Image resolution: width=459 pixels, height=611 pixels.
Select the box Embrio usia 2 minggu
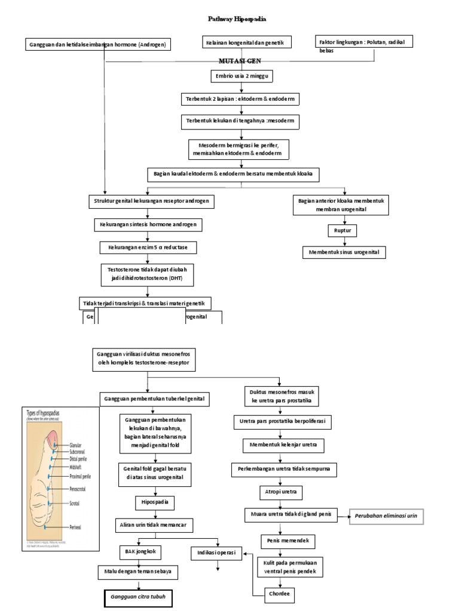pyautogui.click(x=241, y=77)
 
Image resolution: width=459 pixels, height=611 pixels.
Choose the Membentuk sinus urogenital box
pyautogui.click(x=344, y=252)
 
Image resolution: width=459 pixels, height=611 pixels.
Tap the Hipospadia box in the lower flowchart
pyautogui.click(x=155, y=502)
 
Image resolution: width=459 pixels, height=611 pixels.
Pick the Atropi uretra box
pyautogui.click(x=280, y=492)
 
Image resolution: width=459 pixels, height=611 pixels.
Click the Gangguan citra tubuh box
pyautogui.click(x=136, y=596)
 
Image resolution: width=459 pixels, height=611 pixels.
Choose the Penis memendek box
pyautogui.click(x=289, y=541)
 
